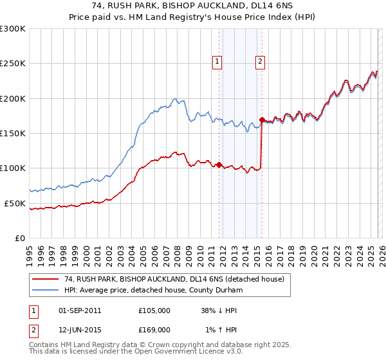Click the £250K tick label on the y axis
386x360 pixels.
(x=13, y=64)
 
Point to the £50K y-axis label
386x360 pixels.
(x=15, y=203)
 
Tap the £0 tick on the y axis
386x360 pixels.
(x=20, y=238)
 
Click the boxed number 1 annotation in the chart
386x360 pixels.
(x=216, y=62)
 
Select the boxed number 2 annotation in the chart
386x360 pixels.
(x=260, y=62)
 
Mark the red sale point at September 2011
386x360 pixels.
(x=219, y=165)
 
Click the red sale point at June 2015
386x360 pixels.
(x=262, y=120)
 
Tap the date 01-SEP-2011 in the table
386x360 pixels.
(x=80, y=310)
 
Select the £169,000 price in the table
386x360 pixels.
(x=154, y=329)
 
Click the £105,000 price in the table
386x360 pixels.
(x=154, y=310)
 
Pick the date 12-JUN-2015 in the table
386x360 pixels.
(x=80, y=329)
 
